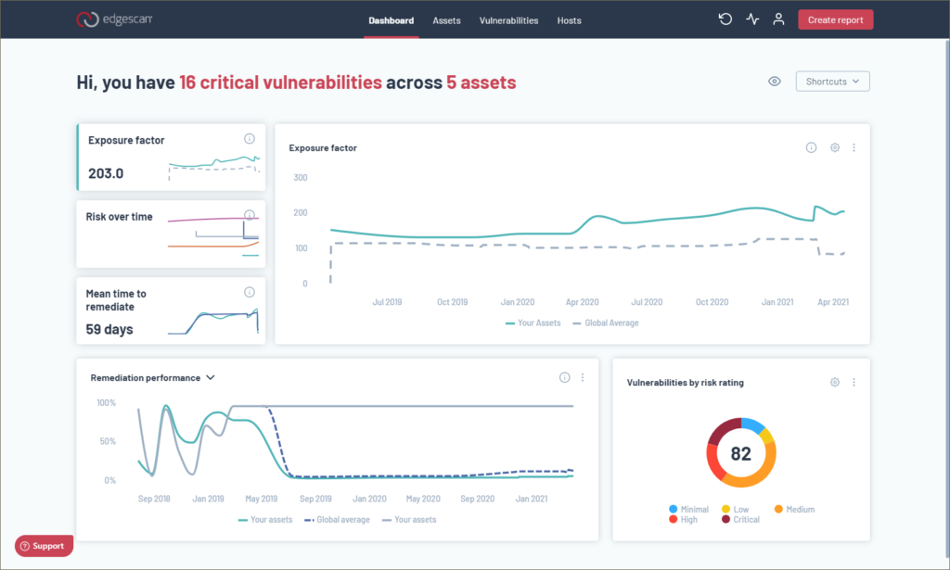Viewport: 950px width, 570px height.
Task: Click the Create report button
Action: [x=835, y=20]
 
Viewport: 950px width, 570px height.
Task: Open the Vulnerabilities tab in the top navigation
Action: [x=508, y=20]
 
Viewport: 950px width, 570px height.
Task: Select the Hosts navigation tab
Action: [x=569, y=20]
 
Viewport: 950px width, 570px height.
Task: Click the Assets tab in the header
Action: [x=446, y=20]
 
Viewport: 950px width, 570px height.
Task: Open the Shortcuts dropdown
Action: [x=832, y=82]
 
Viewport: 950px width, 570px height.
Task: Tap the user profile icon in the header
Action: [x=778, y=19]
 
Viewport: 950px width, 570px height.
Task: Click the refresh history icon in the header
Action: [x=725, y=19]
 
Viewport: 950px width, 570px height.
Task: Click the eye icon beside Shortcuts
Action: [x=775, y=82]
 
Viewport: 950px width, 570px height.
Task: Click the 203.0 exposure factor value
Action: [x=106, y=173]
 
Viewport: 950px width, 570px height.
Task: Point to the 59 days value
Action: [x=109, y=330]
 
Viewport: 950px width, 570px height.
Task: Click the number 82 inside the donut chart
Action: [x=740, y=453]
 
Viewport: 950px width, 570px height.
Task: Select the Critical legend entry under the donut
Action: [x=740, y=520]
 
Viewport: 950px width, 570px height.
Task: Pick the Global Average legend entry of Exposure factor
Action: [x=605, y=323]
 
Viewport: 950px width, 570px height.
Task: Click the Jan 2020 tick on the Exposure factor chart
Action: [x=518, y=302]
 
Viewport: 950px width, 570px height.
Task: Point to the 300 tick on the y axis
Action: [x=301, y=177]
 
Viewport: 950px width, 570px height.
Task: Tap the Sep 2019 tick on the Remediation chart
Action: [x=315, y=500]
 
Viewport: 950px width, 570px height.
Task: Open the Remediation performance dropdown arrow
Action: [x=211, y=377]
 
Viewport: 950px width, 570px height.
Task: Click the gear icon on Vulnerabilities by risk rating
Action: [x=835, y=383]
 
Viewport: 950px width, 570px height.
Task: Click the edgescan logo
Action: [x=114, y=19]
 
